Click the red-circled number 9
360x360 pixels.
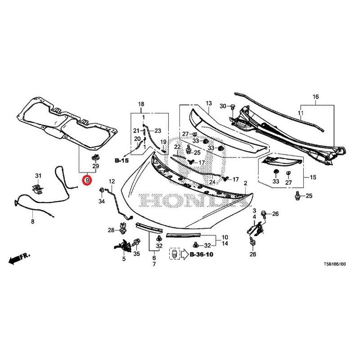pos(87,180)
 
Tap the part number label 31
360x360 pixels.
pos(38,175)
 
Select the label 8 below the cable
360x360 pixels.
pos(32,222)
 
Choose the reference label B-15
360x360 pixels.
pos(121,160)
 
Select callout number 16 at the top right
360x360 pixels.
pos(315,97)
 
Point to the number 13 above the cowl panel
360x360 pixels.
pos(208,103)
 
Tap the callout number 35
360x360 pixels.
pos(137,254)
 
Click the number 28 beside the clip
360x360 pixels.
pos(111,231)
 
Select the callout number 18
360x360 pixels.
pos(141,104)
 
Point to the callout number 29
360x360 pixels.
pos(95,167)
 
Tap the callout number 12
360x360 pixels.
pos(112,181)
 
